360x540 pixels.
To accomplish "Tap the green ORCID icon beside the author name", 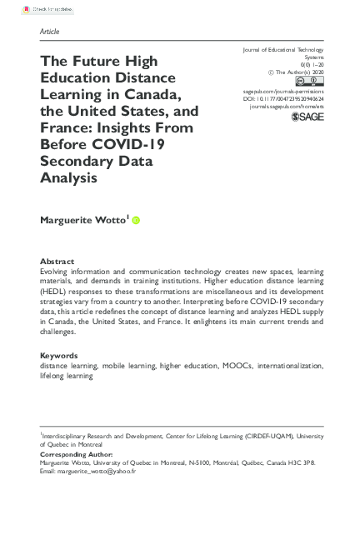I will tap(136, 221).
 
